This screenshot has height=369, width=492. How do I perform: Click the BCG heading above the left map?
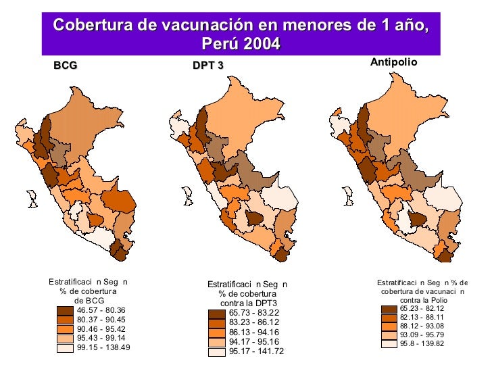(66, 66)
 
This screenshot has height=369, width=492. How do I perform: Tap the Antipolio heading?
(395, 62)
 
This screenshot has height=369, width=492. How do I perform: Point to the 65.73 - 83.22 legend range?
(255, 313)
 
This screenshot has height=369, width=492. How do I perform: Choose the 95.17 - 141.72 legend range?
(257, 351)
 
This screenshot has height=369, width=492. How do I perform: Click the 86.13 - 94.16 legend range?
(255, 332)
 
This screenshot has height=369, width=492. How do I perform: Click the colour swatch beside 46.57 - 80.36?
(66, 311)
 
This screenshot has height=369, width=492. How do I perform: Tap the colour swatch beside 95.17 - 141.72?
(216, 351)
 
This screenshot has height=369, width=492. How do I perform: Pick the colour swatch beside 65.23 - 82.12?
(389, 308)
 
